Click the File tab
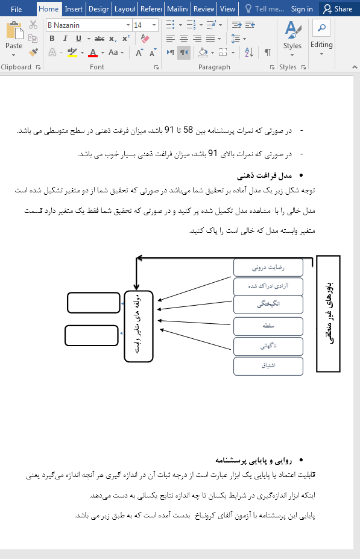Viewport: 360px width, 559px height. click(16, 9)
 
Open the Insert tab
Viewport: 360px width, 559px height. click(74, 9)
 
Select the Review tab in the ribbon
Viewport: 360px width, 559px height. click(204, 9)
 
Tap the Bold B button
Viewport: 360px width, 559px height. click(52, 39)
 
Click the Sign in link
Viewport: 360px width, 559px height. click(302, 9)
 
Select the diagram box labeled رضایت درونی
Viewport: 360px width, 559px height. click(268, 267)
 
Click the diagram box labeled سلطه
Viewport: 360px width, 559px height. click(268, 326)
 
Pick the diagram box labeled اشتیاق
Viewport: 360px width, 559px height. click(268, 365)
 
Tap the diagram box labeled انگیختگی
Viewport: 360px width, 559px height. click(268, 305)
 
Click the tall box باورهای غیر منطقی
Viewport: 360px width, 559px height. click(328, 314)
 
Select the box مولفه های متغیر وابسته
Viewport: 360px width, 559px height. click(138, 326)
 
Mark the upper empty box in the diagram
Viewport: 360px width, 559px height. click(93, 302)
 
